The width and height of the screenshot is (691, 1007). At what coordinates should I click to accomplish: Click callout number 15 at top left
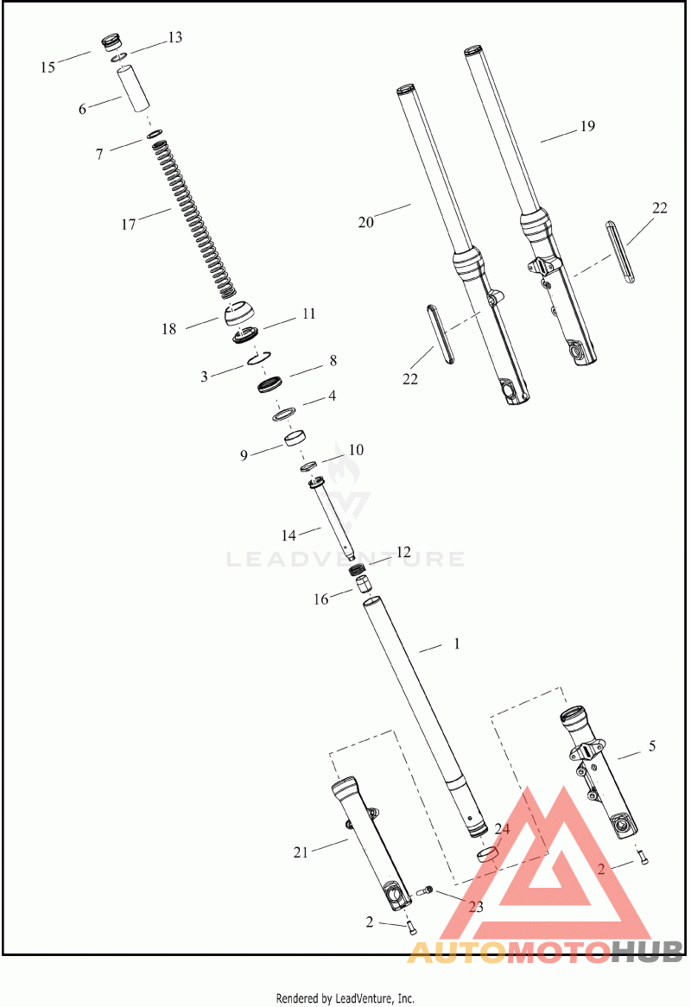tap(48, 67)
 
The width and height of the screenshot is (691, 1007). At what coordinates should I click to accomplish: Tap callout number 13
tap(174, 38)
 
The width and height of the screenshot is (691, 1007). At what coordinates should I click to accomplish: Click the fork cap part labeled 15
tap(111, 43)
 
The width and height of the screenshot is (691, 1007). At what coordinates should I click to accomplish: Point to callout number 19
tap(587, 126)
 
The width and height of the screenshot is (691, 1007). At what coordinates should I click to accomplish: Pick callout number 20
tap(365, 222)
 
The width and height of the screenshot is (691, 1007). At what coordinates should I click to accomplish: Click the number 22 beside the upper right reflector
tap(660, 208)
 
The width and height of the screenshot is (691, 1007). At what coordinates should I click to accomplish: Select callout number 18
tap(168, 329)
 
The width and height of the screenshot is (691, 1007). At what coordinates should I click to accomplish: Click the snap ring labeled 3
tap(259, 358)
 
